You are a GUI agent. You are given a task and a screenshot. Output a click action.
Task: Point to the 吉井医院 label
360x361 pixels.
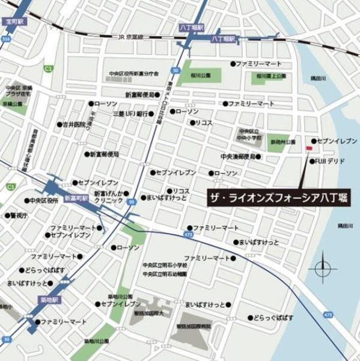tap(76, 125)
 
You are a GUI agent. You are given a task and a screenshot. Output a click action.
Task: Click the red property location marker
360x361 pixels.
tap(309, 147)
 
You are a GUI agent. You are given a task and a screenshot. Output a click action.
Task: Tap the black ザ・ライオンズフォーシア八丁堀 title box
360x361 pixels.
tap(276, 197)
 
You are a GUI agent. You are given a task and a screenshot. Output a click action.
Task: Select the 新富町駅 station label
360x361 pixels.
tap(76, 197)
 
